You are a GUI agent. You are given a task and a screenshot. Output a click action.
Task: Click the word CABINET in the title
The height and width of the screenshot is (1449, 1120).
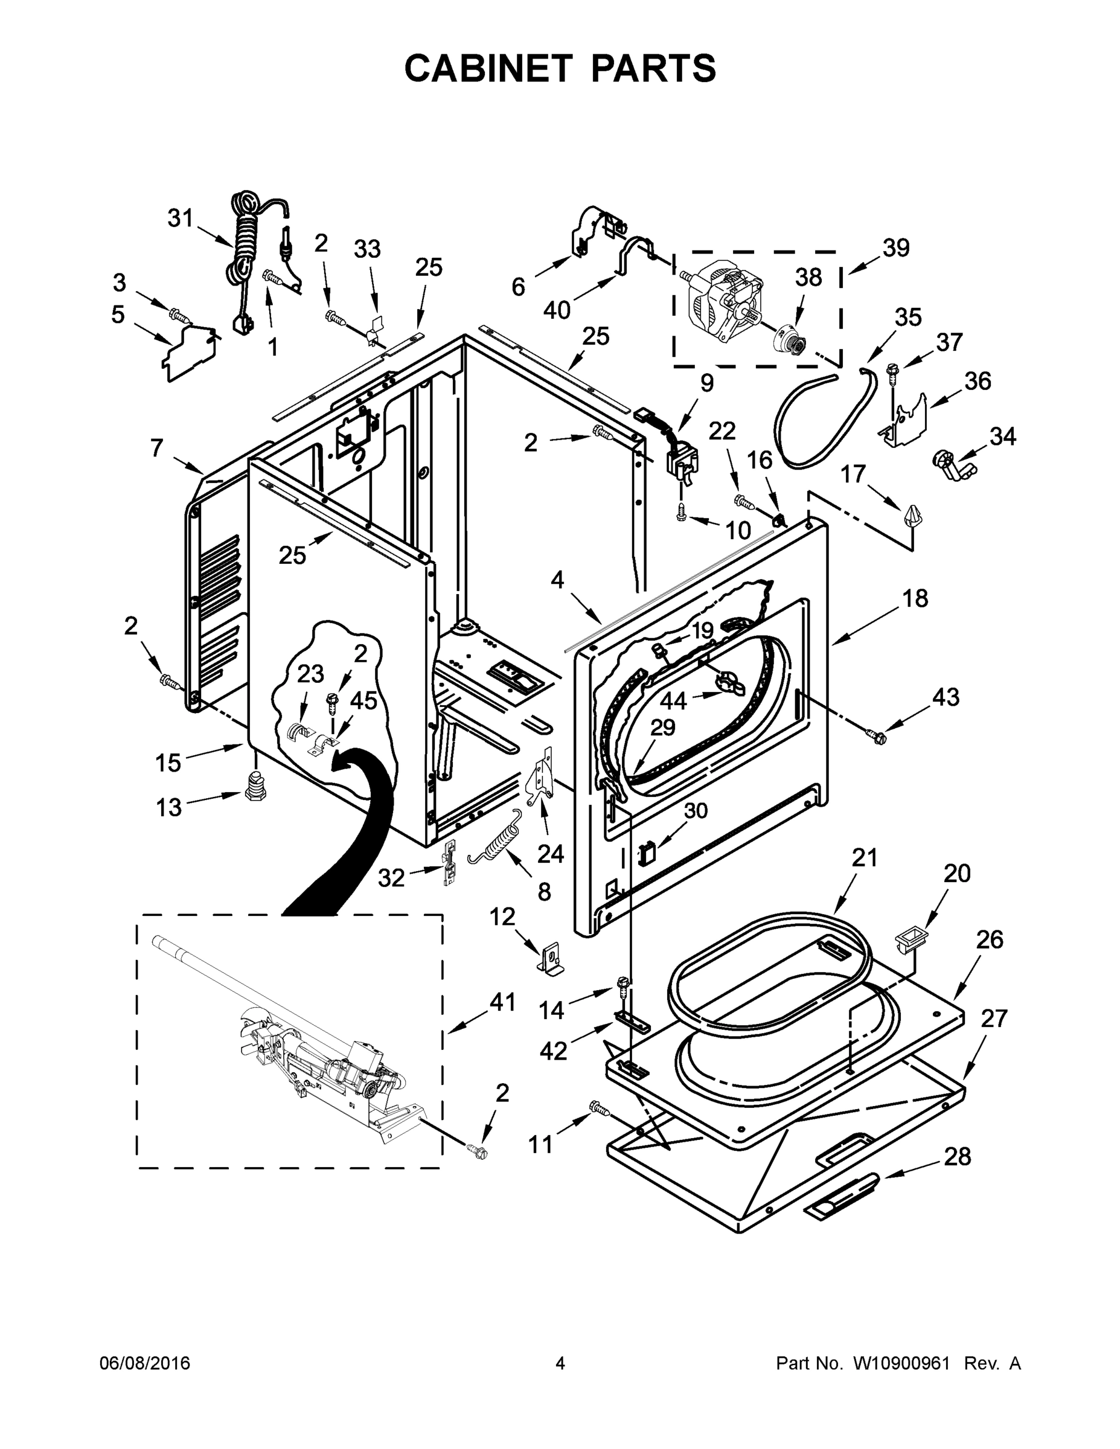tap(488, 68)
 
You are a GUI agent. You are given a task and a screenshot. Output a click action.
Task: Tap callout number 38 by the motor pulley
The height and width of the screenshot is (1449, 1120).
tap(808, 277)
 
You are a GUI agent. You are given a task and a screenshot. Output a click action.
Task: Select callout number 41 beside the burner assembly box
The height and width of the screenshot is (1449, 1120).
tap(502, 1002)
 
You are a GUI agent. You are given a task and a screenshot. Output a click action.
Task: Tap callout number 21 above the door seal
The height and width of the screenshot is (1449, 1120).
tap(865, 858)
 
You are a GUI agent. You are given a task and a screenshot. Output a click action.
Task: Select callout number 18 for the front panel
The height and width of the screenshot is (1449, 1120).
tap(915, 598)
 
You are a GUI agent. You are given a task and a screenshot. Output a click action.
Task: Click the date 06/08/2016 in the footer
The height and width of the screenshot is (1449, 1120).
tap(145, 1363)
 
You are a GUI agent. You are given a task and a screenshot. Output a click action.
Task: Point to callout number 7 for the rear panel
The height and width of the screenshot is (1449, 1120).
tap(156, 449)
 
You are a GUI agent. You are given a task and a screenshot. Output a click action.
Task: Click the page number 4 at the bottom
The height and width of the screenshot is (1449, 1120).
tap(560, 1363)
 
